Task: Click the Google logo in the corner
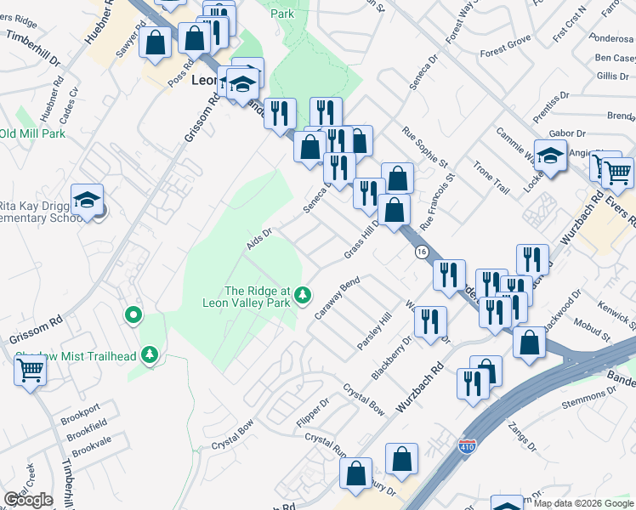pos(28,500)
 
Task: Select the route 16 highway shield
pos(421,252)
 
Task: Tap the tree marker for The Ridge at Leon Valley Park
pos(304,297)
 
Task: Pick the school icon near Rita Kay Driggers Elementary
pos(87,200)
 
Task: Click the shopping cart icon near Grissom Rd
pos(31,371)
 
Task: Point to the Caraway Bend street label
pos(338,297)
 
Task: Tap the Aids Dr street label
pos(258,238)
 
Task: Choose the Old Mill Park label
pos(32,133)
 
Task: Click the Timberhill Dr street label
pos(33,50)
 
